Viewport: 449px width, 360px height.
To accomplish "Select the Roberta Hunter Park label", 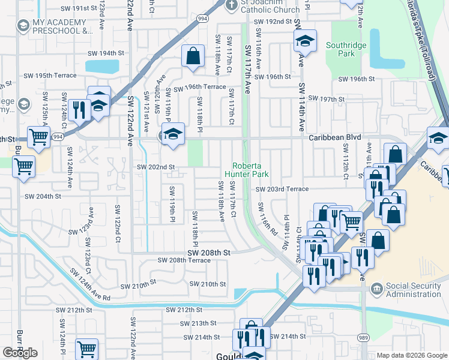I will coord(246,170).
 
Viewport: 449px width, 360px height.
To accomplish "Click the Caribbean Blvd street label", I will coord(335,137).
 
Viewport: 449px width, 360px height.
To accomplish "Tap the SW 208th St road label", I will coord(208,253).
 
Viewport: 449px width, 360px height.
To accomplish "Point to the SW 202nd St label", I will coord(156,167).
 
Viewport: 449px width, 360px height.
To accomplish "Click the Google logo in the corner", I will coord(20,353).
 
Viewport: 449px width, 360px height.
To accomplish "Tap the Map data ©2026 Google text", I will coord(412,355).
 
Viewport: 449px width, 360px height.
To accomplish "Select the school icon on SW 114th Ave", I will coord(305,41).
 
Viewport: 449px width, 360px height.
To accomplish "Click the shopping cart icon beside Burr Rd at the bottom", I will coord(87,349).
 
